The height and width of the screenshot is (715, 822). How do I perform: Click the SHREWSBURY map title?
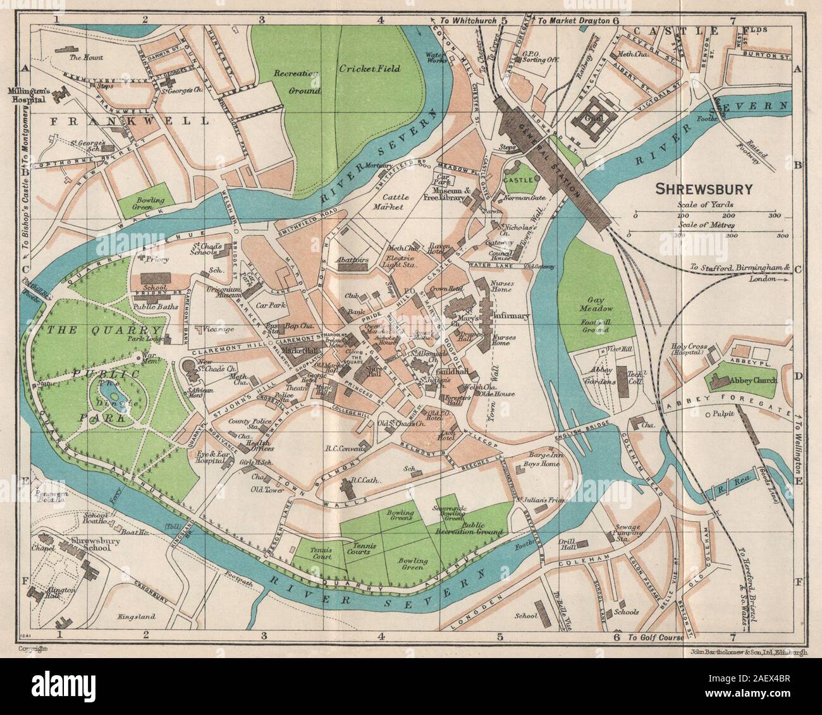point(702,188)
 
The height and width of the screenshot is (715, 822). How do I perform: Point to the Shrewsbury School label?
point(85,547)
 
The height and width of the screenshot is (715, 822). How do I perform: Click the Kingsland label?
point(137,616)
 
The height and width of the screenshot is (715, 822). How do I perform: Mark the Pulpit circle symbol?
point(708,415)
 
